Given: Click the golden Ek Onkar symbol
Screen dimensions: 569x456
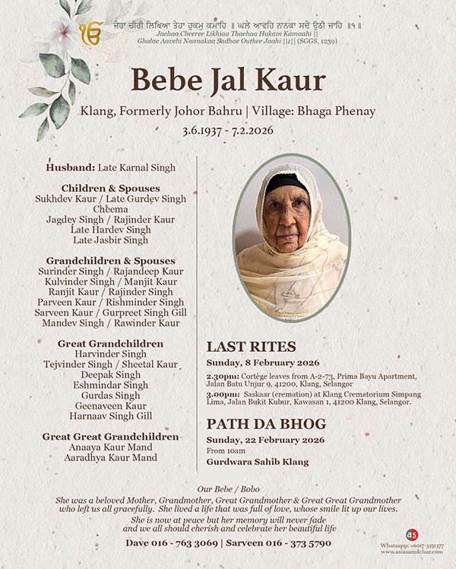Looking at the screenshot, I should pyautogui.click(x=90, y=33).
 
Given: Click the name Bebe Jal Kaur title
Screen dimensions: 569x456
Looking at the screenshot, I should pyautogui.click(x=228, y=80).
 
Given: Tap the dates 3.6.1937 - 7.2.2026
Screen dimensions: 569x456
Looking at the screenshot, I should pyautogui.click(x=228, y=130).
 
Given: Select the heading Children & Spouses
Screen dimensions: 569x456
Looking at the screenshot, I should pyautogui.click(x=111, y=187).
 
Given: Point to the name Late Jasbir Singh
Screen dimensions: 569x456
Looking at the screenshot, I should pyautogui.click(x=111, y=240).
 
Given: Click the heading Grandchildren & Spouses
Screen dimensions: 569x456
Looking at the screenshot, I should pyautogui.click(x=111, y=260).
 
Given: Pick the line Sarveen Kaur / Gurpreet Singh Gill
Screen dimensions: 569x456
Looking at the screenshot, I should pyautogui.click(x=111, y=313).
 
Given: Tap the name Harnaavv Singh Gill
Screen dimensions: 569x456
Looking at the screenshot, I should pyautogui.click(x=111, y=417).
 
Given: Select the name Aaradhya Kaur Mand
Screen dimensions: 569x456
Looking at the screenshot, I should pyautogui.click(x=111, y=458).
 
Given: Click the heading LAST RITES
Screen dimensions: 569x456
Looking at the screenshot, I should pyautogui.click(x=251, y=347).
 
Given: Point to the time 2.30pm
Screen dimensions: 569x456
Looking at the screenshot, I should pyautogui.click(x=220, y=376).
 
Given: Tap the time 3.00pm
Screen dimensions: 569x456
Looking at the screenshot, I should pyautogui.click(x=220, y=393).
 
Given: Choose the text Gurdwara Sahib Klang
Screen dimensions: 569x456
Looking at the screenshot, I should pyautogui.click(x=254, y=461).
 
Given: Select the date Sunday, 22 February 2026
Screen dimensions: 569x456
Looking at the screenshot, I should pyautogui.click(x=263, y=439).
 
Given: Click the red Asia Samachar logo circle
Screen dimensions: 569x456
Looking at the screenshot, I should pyautogui.click(x=412, y=535).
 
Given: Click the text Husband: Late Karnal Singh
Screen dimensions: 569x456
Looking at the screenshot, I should pyautogui.click(x=111, y=167).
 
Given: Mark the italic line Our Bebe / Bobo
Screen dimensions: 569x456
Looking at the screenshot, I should pyautogui.click(x=228, y=490).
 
